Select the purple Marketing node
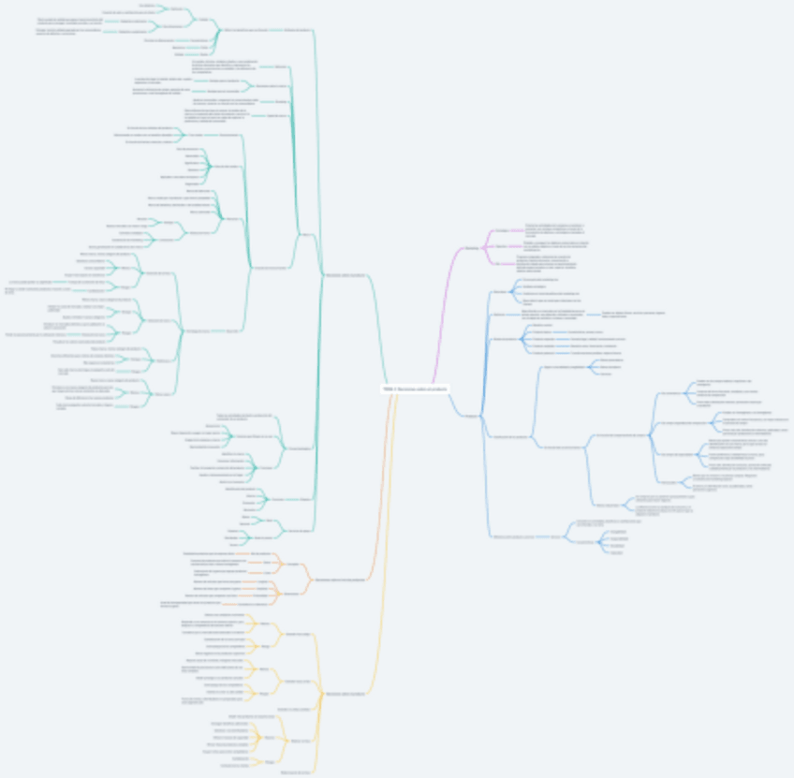pyautogui.click(x=471, y=247)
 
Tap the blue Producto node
pyautogui.click(x=471, y=416)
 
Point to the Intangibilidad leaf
pyautogui.click(x=618, y=531)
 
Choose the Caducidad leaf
pyautogui.click(x=616, y=552)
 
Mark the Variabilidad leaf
pyautogui.click(x=618, y=545)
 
